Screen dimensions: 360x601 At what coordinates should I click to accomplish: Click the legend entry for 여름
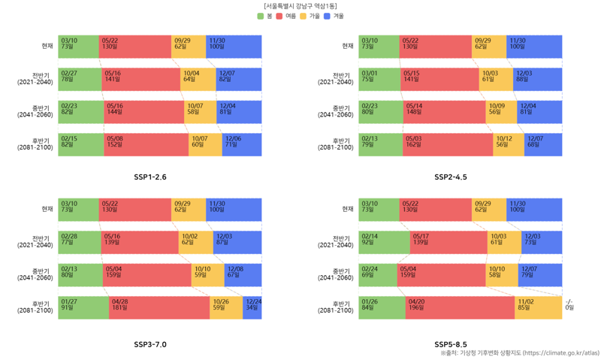pos(286,16)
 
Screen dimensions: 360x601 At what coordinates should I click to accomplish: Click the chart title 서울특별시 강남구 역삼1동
pos(300,6)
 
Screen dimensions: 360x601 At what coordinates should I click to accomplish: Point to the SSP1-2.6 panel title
pos(150,177)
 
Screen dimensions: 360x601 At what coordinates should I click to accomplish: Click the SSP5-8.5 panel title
pos(451,344)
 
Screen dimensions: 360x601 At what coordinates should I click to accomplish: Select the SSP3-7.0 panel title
pos(150,344)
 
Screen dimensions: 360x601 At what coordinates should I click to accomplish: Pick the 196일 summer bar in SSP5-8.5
pos(460,307)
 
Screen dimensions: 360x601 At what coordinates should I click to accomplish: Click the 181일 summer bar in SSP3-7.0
pos(159,307)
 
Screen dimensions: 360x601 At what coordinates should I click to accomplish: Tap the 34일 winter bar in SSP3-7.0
pos(252,307)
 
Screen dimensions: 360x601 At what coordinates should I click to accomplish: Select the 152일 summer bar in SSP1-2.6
pos(146,144)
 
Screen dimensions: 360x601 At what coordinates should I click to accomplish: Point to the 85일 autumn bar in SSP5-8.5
pos(538,307)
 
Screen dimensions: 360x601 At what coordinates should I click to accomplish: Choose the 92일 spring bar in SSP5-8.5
pos(384,242)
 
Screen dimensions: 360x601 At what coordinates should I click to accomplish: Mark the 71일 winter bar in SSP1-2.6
pos(242,144)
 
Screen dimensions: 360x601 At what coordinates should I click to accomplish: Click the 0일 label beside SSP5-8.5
pos(569,307)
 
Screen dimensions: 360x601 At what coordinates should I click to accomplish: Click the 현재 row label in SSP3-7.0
pos(47,209)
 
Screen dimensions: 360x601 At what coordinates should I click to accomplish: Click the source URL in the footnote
pos(560,352)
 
